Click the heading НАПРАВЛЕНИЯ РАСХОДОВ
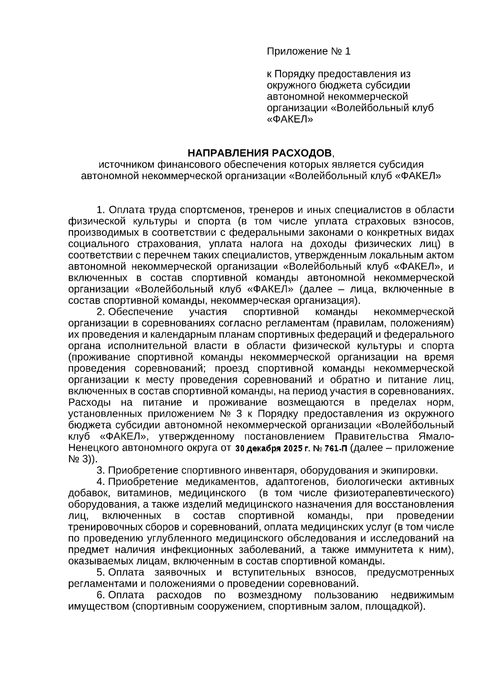(x=258, y=153)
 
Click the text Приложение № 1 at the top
(x=308, y=52)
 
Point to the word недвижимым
(x=422, y=595)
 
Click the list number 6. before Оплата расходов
(x=101, y=595)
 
